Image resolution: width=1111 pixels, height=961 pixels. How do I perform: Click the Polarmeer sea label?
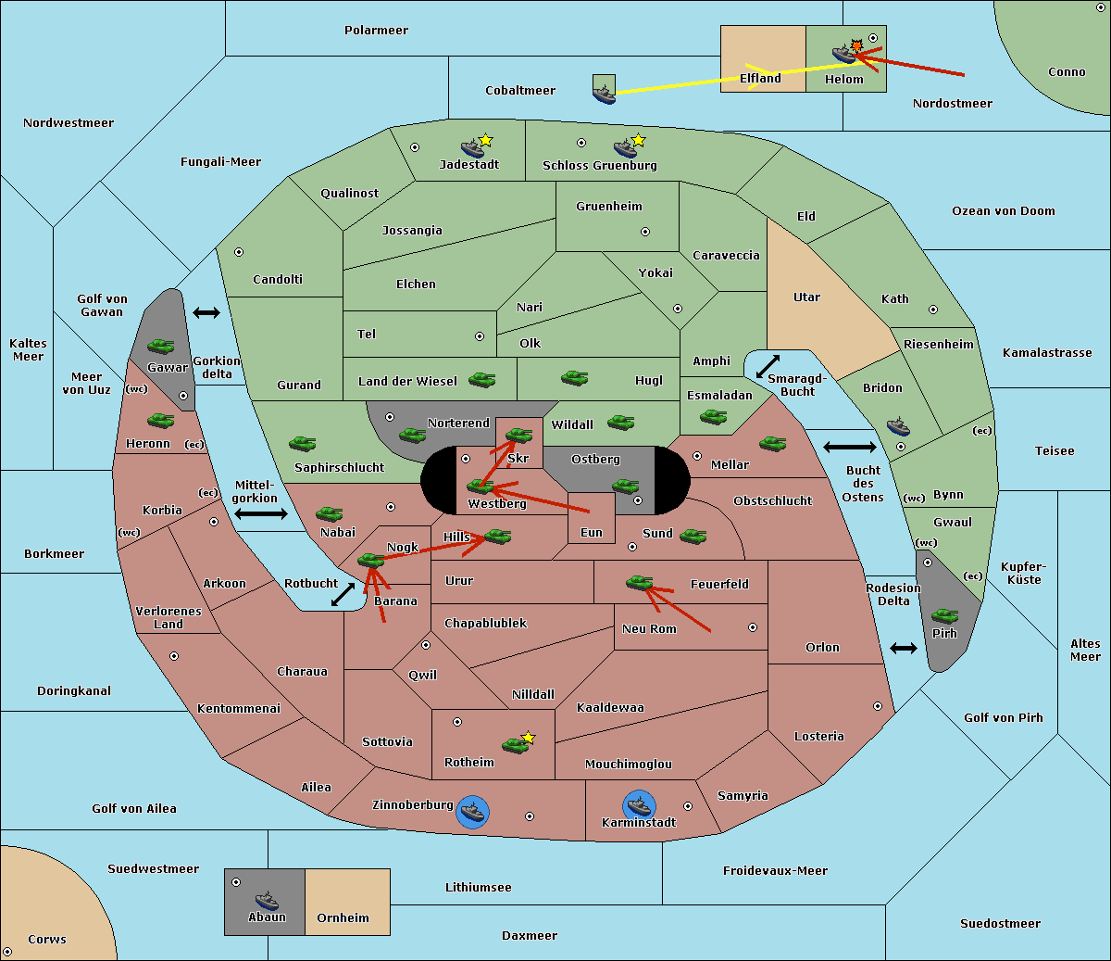pos(376,31)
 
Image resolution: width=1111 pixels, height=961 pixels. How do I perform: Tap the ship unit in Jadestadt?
pos(472,148)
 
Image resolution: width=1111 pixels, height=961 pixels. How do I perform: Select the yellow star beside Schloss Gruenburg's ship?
pos(638,141)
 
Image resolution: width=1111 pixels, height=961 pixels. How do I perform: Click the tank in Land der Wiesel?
pos(481,379)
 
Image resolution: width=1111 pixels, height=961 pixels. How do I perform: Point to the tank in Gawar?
pos(161,346)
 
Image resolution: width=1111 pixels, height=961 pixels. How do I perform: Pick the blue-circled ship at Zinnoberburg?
pos(472,812)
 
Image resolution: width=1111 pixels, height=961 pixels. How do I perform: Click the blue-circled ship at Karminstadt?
pos(639,806)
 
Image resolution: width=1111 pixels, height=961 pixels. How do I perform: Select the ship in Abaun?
pos(268,900)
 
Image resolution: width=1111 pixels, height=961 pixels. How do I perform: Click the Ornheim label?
pos(343,918)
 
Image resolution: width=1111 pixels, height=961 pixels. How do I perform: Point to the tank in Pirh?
pos(944,615)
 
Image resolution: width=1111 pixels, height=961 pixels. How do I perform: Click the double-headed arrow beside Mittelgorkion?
pos(261,513)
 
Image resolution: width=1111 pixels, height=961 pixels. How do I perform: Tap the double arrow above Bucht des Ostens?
pos(850,447)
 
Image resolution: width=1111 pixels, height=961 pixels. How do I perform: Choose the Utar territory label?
pos(806,297)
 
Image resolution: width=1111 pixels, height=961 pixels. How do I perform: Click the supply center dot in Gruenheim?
pos(645,232)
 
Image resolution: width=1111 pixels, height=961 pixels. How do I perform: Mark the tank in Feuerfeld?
pos(639,583)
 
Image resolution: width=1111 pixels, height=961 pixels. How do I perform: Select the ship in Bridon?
pos(898,425)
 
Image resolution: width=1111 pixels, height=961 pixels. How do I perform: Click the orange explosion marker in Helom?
pos(856,45)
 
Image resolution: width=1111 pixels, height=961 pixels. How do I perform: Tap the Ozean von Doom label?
pos(1004,211)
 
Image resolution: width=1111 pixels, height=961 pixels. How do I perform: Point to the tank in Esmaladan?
pos(713,416)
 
